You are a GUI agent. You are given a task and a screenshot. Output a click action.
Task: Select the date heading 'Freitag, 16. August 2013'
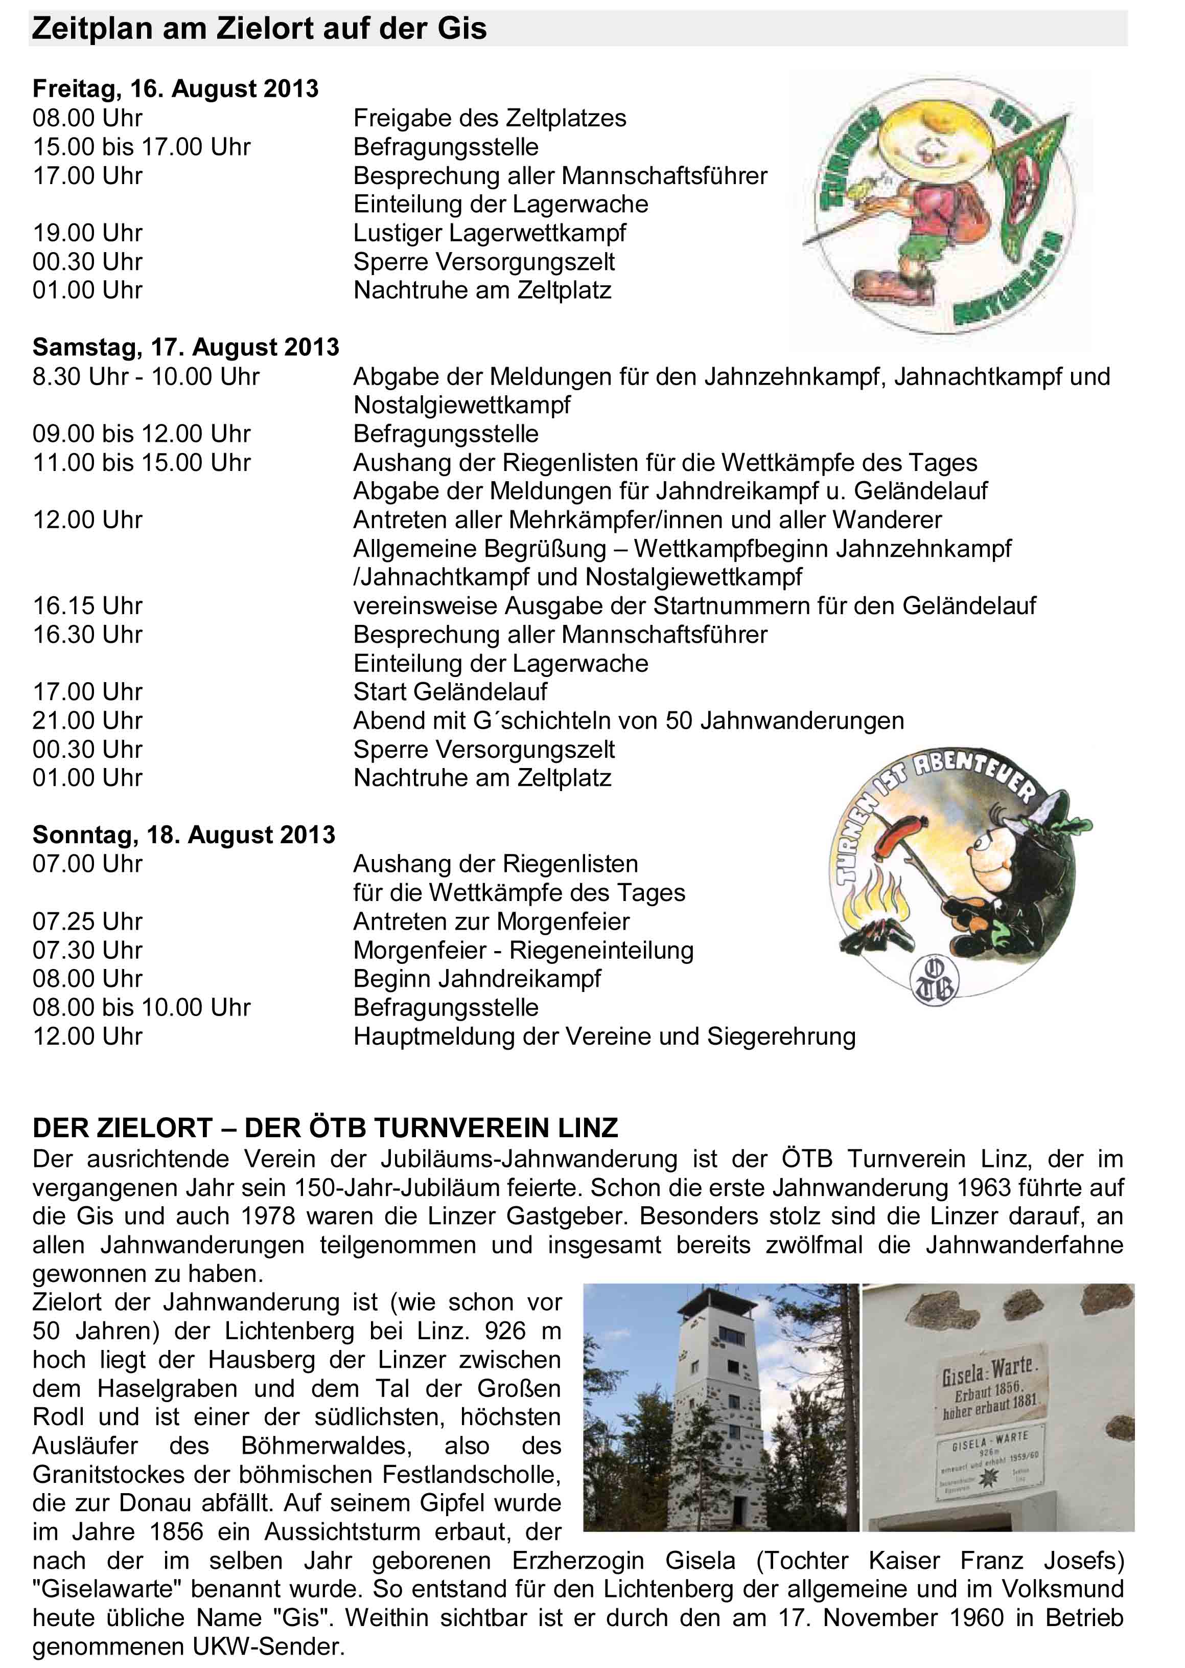tap(175, 89)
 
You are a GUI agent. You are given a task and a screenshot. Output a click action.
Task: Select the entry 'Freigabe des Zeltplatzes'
tap(490, 118)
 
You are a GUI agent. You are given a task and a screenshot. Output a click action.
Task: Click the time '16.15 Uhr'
tap(87, 606)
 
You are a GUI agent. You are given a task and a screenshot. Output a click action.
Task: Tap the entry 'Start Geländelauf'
tap(450, 691)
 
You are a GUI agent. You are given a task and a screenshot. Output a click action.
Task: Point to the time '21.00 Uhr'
tap(87, 720)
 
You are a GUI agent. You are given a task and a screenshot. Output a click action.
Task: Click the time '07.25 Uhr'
tap(87, 921)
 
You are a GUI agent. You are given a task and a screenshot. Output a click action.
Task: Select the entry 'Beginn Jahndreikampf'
tap(477, 978)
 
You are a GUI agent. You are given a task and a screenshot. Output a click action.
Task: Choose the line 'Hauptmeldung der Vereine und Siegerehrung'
tap(604, 1036)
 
